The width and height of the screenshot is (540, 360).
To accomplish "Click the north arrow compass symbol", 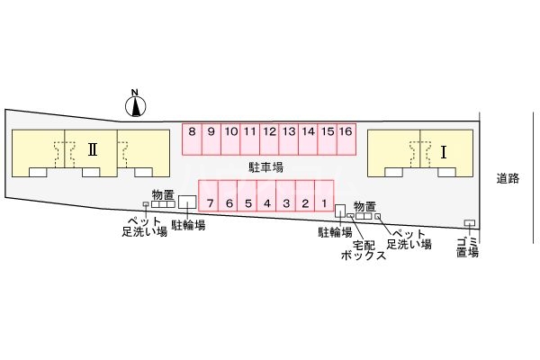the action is click(135, 104).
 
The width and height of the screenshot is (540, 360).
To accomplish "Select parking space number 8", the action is click(193, 137).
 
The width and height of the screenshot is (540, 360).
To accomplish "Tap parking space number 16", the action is click(346, 137).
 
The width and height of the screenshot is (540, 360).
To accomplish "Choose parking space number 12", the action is click(269, 137).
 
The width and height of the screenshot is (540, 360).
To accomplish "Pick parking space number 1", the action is click(323, 198).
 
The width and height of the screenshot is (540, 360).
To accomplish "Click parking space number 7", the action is click(209, 198).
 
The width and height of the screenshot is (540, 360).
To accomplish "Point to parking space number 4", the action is click(267, 198).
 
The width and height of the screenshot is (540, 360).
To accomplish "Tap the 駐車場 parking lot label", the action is click(266, 167).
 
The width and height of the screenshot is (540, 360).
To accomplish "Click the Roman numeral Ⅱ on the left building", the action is click(92, 150).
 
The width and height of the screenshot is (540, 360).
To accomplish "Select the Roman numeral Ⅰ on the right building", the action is click(443, 152).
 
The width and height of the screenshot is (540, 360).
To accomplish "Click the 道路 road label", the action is click(508, 178).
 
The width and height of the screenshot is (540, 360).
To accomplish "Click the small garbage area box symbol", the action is click(469, 223).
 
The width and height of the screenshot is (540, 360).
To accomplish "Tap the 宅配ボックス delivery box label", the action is click(364, 249).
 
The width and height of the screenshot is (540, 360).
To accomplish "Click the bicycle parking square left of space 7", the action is click(187, 202).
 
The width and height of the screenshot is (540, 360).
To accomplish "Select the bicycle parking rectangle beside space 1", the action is click(340, 211).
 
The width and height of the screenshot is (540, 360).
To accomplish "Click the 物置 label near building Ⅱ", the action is click(163, 193).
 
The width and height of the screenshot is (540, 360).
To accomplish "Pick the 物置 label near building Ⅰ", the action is click(364, 205).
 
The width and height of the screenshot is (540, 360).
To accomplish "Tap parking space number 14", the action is click(308, 137).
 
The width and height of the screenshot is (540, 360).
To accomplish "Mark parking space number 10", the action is click(231, 137).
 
